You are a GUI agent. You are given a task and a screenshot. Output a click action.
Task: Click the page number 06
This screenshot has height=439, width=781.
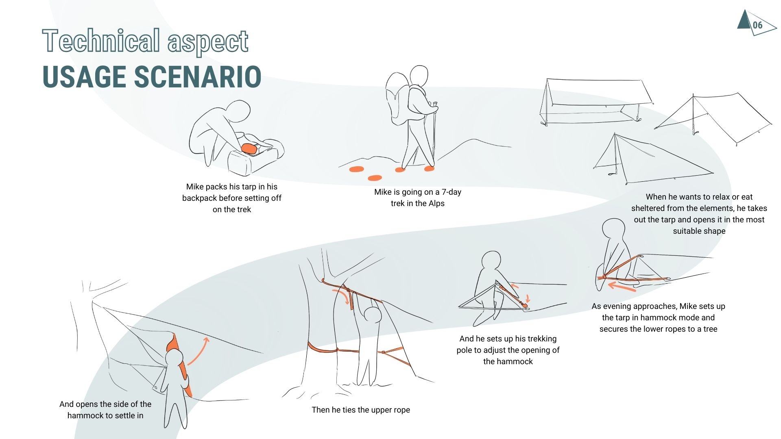pyautogui.click(x=757, y=25)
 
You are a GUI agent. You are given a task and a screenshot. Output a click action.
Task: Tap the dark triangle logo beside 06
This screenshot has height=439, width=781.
pyautogui.click(x=744, y=20)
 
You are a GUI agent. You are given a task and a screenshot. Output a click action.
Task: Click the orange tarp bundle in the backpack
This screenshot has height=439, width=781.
pyautogui.click(x=249, y=149)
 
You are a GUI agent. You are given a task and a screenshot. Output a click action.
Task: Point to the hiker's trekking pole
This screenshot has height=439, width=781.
pyautogui.click(x=434, y=134)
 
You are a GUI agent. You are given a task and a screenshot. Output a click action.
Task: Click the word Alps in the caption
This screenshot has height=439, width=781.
pyautogui.click(x=436, y=204)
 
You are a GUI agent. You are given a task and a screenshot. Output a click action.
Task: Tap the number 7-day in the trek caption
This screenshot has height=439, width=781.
pyautogui.click(x=451, y=192)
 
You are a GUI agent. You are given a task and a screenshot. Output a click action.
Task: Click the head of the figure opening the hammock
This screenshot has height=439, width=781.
pyautogui.click(x=174, y=359)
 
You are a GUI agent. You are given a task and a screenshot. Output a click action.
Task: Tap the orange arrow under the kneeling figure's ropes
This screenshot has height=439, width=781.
pyautogui.click(x=621, y=287)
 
